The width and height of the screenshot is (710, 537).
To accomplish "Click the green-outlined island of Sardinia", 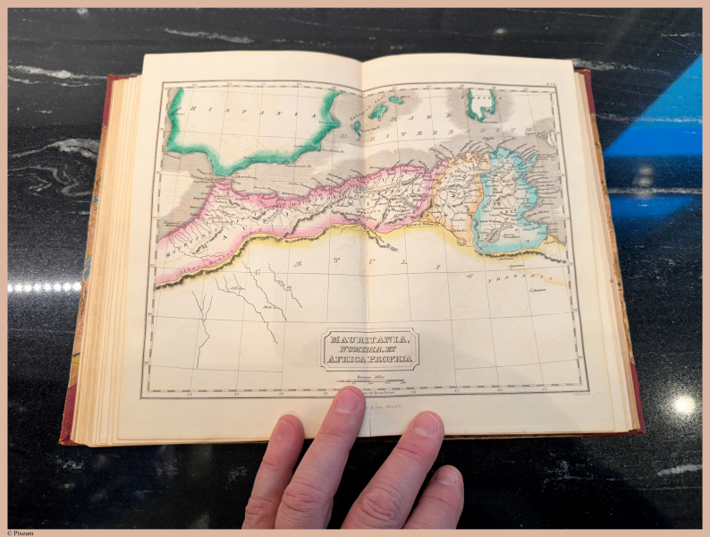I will coord(480,103).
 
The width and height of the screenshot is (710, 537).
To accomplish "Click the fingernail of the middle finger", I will coord(348,400).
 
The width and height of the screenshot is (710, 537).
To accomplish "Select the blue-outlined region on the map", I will coord(505,201).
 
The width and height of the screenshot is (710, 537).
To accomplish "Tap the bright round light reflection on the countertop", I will coord(684,405).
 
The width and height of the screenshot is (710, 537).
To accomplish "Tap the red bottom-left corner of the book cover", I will coord(66,439).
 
